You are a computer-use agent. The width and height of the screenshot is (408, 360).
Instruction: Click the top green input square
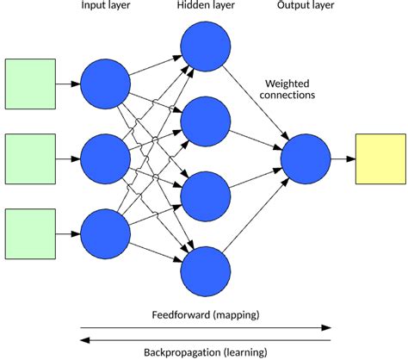pyautogui.click(x=31, y=84)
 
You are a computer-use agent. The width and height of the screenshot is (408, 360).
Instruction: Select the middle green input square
pyautogui.click(x=31, y=158)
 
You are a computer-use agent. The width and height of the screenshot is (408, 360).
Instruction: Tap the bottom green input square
pyautogui.click(x=31, y=233)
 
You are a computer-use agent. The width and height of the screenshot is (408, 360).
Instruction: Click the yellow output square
pyautogui.click(x=380, y=158)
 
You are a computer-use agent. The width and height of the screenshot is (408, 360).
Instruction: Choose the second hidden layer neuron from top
pyautogui.click(x=206, y=121)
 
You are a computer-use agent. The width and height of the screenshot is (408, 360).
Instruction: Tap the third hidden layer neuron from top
pyautogui.click(x=206, y=196)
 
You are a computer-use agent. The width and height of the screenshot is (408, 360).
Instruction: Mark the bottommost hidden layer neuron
pyautogui.click(x=206, y=270)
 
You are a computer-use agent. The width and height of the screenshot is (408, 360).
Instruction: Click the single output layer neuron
pyautogui.click(x=306, y=158)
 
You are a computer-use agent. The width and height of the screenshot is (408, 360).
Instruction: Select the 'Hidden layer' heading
pyautogui.click(x=206, y=8)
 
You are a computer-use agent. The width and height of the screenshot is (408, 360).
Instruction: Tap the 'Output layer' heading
pyautogui.click(x=306, y=8)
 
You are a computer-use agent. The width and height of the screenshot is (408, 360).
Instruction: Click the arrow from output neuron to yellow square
pyautogui.click(x=343, y=158)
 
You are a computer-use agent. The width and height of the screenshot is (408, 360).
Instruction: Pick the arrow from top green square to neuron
pyautogui.click(x=67, y=84)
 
